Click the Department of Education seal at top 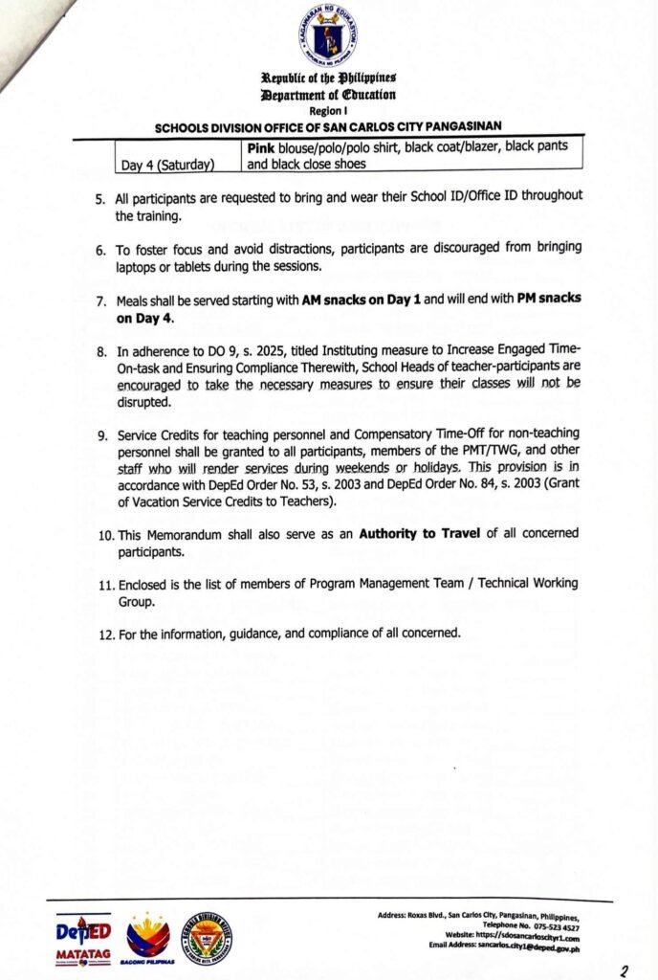point(328,34)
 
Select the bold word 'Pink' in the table point(264,146)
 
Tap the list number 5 point(99,197)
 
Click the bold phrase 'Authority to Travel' point(419,533)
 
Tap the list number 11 point(104,584)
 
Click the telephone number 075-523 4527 point(559,926)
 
